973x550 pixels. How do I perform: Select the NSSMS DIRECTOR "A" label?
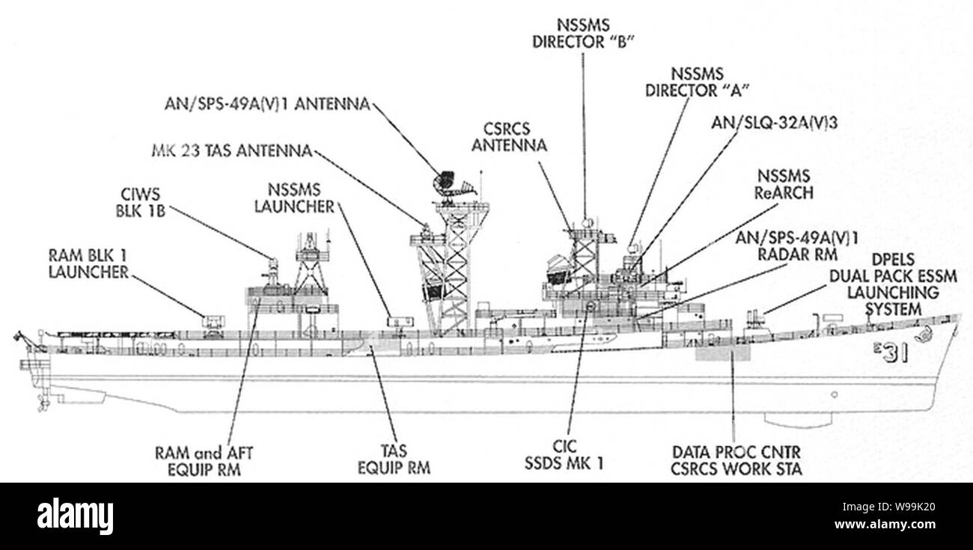(696, 82)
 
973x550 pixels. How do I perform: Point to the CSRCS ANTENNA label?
(509, 137)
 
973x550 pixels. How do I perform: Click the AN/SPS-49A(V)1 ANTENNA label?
(267, 104)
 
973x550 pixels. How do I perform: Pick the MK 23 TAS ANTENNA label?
(231, 150)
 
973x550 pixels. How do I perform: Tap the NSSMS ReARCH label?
(784, 184)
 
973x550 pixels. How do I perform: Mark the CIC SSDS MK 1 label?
(565, 455)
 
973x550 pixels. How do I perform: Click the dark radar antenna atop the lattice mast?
(446, 181)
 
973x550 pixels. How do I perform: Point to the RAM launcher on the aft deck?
(213, 323)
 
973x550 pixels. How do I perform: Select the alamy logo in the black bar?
(75, 516)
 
